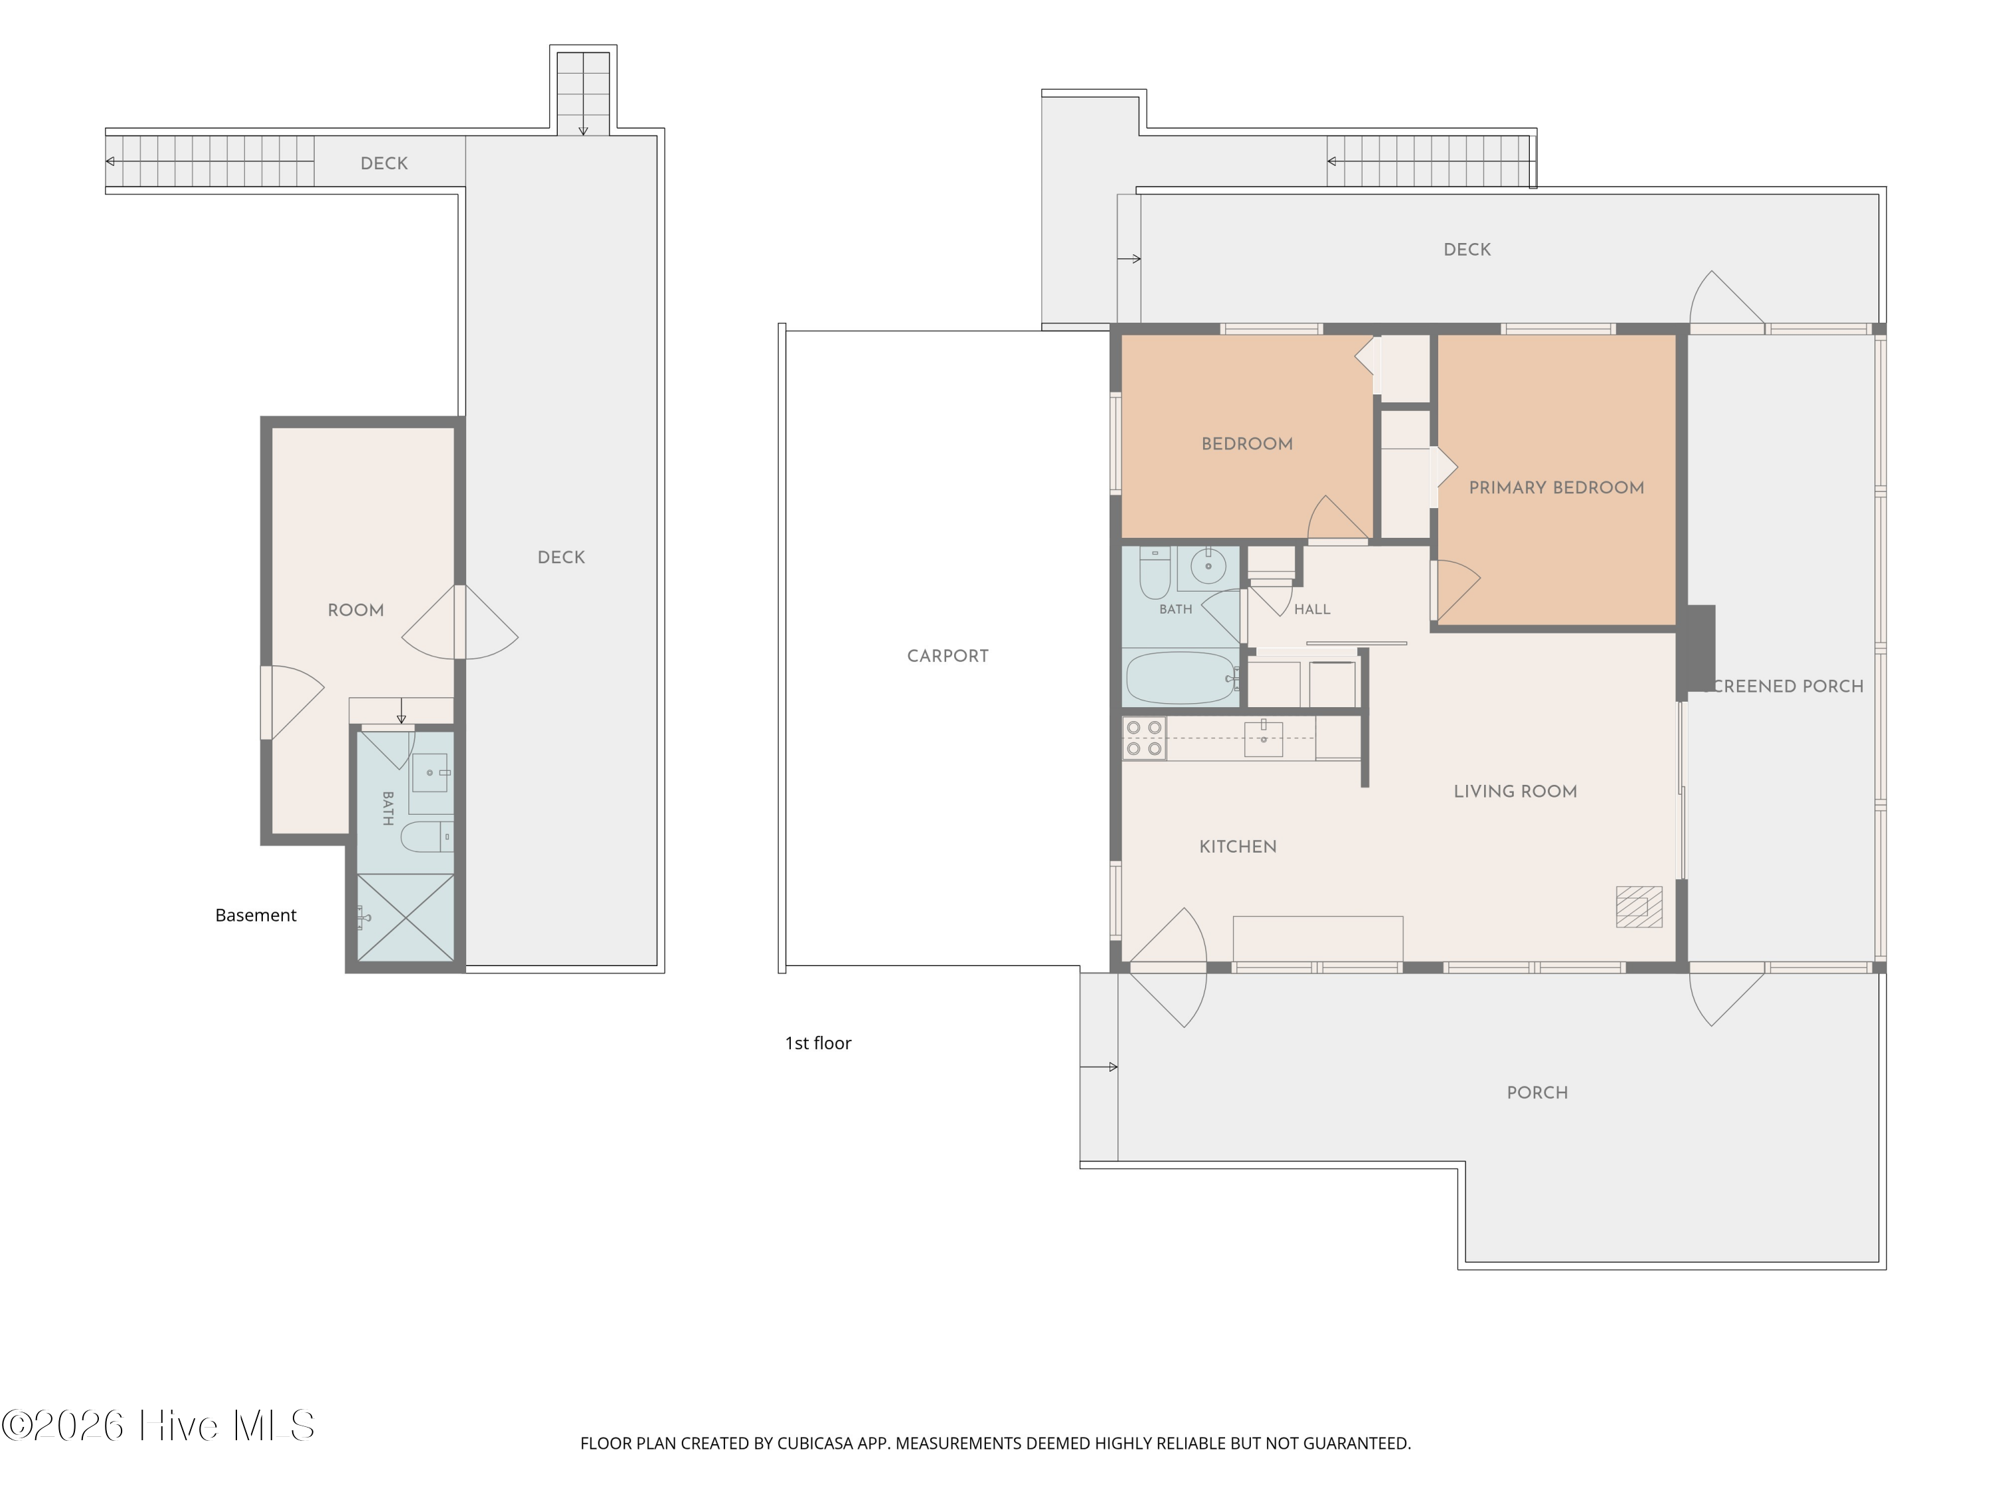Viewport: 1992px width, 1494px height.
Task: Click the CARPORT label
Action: click(x=948, y=655)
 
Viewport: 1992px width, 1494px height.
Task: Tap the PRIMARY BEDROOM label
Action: click(x=1556, y=487)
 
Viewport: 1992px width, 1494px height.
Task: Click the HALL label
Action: click(x=1312, y=610)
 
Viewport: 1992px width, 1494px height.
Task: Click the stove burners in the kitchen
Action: click(x=1143, y=738)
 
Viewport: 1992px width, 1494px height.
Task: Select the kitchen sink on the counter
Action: click(x=1264, y=738)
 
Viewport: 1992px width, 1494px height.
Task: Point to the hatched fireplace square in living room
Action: click(x=1639, y=907)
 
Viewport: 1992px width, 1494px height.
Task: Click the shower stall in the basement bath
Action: click(x=405, y=918)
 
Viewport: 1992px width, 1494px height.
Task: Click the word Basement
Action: click(x=256, y=915)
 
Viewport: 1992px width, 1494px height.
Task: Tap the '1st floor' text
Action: click(x=817, y=1043)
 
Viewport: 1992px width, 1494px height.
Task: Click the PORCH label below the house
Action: click(x=1537, y=1092)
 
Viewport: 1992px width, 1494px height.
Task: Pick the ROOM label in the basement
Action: click(x=356, y=610)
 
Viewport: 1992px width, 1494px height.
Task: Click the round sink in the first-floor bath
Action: click(x=1208, y=566)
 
